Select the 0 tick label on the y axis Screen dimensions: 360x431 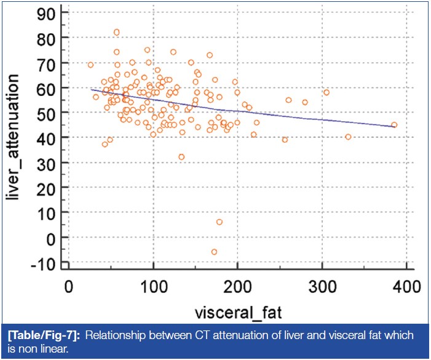pos(53,238)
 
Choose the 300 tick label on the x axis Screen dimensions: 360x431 pos(322,286)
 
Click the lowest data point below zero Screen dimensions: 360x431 pos(214,252)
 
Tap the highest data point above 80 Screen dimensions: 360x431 pos(116,32)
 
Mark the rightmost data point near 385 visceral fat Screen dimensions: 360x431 pos(394,125)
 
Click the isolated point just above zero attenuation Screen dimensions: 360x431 pos(219,222)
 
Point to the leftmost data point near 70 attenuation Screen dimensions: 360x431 pos(90,65)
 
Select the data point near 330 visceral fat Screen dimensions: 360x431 pos(348,137)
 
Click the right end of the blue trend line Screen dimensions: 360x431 pos(394,127)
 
